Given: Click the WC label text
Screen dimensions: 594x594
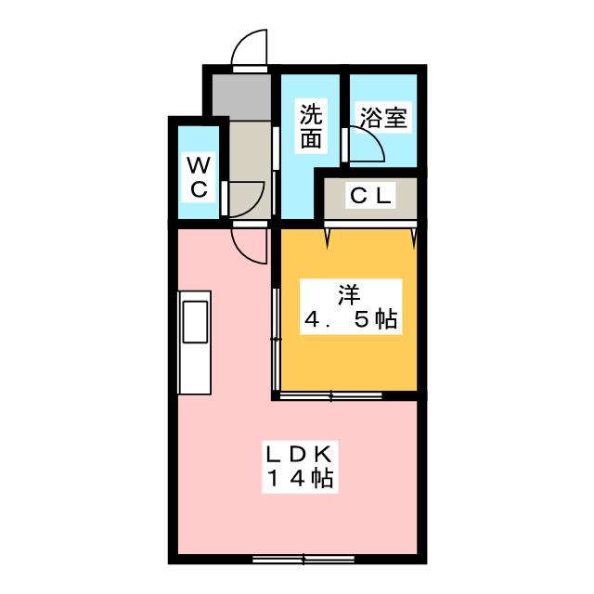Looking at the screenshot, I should [x=199, y=176].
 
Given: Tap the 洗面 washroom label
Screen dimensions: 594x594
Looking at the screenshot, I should [x=311, y=127].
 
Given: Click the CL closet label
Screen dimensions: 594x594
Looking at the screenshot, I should [x=371, y=196].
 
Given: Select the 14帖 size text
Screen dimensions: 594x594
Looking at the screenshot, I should [x=301, y=480].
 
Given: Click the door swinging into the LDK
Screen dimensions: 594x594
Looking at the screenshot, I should [x=249, y=246].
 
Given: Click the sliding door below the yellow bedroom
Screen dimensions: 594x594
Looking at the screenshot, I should [x=331, y=396].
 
